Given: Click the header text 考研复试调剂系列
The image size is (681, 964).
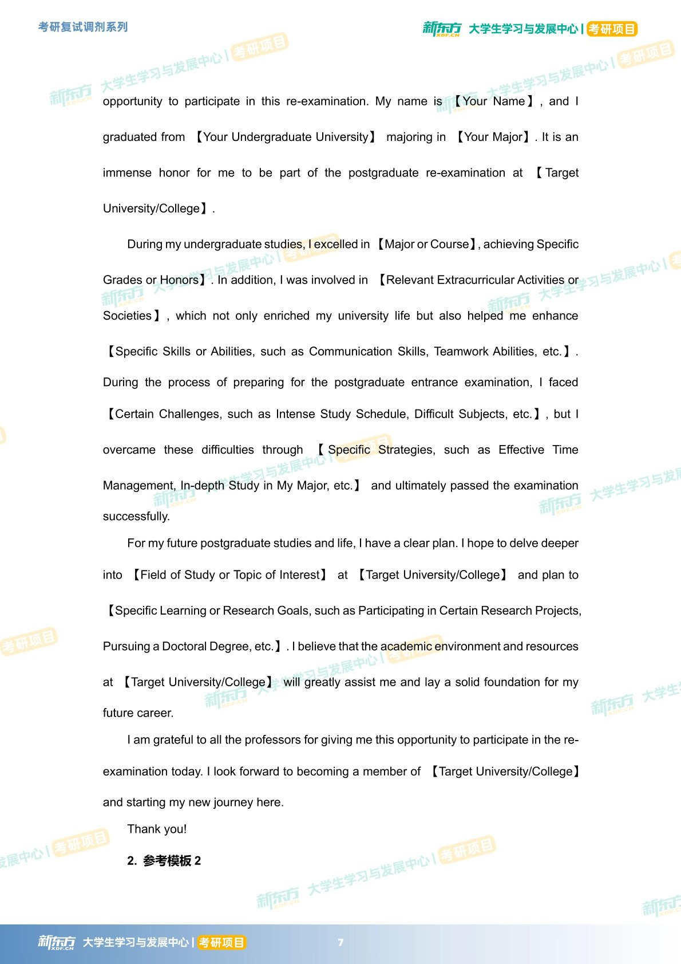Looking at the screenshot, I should click(x=83, y=27).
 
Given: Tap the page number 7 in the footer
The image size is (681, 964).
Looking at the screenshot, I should click(x=340, y=942).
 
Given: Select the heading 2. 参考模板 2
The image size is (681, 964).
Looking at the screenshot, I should click(x=164, y=860).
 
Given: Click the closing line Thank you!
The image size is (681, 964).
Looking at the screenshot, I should click(x=157, y=829).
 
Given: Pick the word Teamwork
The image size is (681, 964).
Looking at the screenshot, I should click(x=456, y=351).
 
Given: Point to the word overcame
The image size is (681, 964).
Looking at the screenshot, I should click(x=129, y=450).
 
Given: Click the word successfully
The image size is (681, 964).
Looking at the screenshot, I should click(x=136, y=516).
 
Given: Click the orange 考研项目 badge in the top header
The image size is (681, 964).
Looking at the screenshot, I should click(x=612, y=29).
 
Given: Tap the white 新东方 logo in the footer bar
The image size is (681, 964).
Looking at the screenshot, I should click(x=56, y=942).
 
